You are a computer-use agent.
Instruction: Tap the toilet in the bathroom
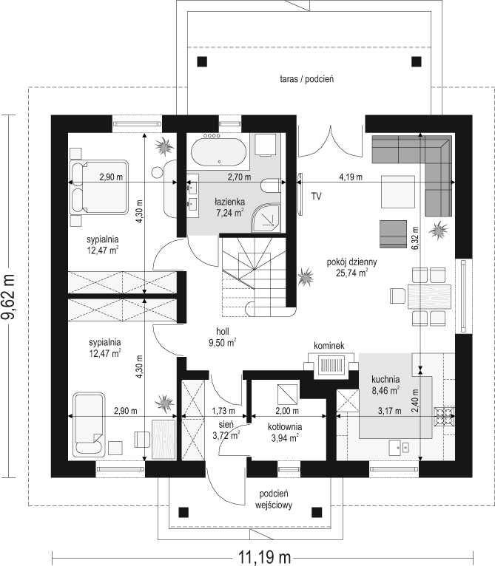pyautogui.click(x=270, y=186)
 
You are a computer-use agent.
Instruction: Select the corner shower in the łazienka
pyautogui.click(x=267, y=218)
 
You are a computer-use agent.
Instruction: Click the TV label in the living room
pyautogui.click(x=317, y=197)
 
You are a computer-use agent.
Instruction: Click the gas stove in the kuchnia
pyautogui.click(x=445, y=416)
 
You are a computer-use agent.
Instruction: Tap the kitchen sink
pyautogui.click(x=400, y=448)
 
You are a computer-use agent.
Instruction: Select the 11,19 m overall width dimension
pyautogui.click(x=264, y=557)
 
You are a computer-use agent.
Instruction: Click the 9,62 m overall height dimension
pyautogui.click(x=8, y=297)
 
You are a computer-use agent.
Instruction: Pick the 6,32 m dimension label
pyautogui.click(x=415, y=238)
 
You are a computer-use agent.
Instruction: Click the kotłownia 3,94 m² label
pyautogui.click(x=285, y=432)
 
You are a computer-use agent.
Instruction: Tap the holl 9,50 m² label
pyautogui.click(x=223, y=337)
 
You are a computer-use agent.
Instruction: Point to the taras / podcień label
pyautogui.click(x=306, y=78)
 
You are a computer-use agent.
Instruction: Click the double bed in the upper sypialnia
pyautogui.click(x=100, y=187)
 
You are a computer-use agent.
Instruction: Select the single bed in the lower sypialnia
pyautogui.click(x=90, y=424)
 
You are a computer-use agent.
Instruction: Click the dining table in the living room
pyautogui.click(x=430, y=296)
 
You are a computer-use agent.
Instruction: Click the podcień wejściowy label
pyautogui.click(x=273, y=499)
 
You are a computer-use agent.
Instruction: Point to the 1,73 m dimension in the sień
pyautogui.click(x=223, y=411)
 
